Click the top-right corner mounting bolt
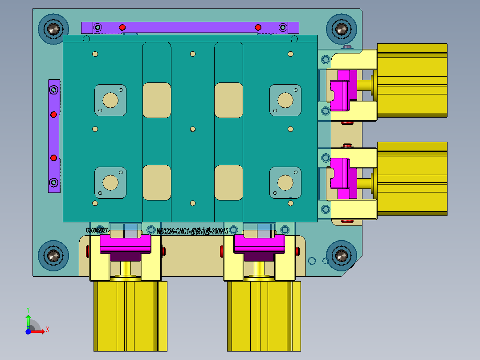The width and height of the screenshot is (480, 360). (x=341, y=29)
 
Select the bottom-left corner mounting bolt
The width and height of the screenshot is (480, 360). (x=53, y=255)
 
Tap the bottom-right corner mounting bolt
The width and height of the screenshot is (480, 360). (x=341, y=255)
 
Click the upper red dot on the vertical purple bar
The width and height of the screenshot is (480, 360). (x=53, y=115)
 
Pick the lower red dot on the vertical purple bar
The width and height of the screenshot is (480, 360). (x=53, y=158)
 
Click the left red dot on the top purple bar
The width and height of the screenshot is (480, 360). (x=122, y=28)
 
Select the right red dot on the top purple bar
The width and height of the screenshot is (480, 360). (x=258, y=28)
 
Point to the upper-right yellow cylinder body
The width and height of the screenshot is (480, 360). (x=412, y=80)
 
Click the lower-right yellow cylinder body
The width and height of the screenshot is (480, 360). (x=412, y=178)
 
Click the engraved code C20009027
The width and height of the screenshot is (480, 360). (x=97, y=230)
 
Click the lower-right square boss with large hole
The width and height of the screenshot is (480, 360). (x=285, y=182)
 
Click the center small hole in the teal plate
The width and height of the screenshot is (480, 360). (x=193, y=129)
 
